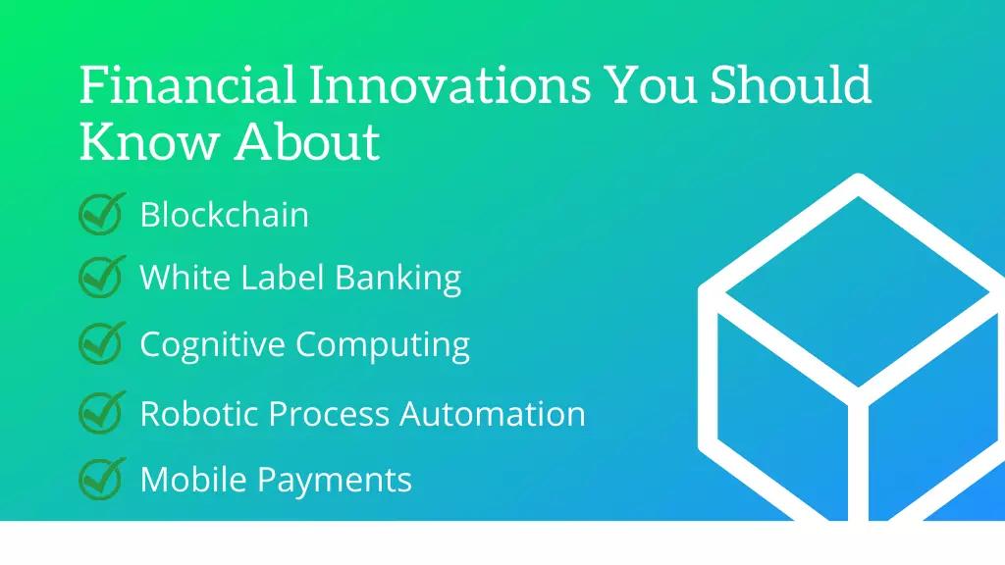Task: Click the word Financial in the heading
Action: coord(187,84)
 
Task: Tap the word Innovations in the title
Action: coord(450,84)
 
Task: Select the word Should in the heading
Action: coord(790,84)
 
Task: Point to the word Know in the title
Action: coord(149,141)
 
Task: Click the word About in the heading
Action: coord(307,141)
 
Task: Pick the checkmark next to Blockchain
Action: coord(102,213)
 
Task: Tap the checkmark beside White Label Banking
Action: coord(102,276)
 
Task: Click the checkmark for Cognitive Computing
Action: coord(102,342)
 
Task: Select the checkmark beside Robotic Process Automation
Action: coord(102,412)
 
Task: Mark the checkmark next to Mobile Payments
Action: coord(102,478)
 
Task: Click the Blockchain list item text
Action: coord(225,214)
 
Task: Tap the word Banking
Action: coord(398,279)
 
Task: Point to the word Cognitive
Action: coord(213,345)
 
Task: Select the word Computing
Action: coord(383,345)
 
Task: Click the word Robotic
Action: coord(199,413)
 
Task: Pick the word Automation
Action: coord(493,413)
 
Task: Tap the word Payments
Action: coord(334,481)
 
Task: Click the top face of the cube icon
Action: coord(858,291)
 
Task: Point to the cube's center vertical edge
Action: coord(858,458)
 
